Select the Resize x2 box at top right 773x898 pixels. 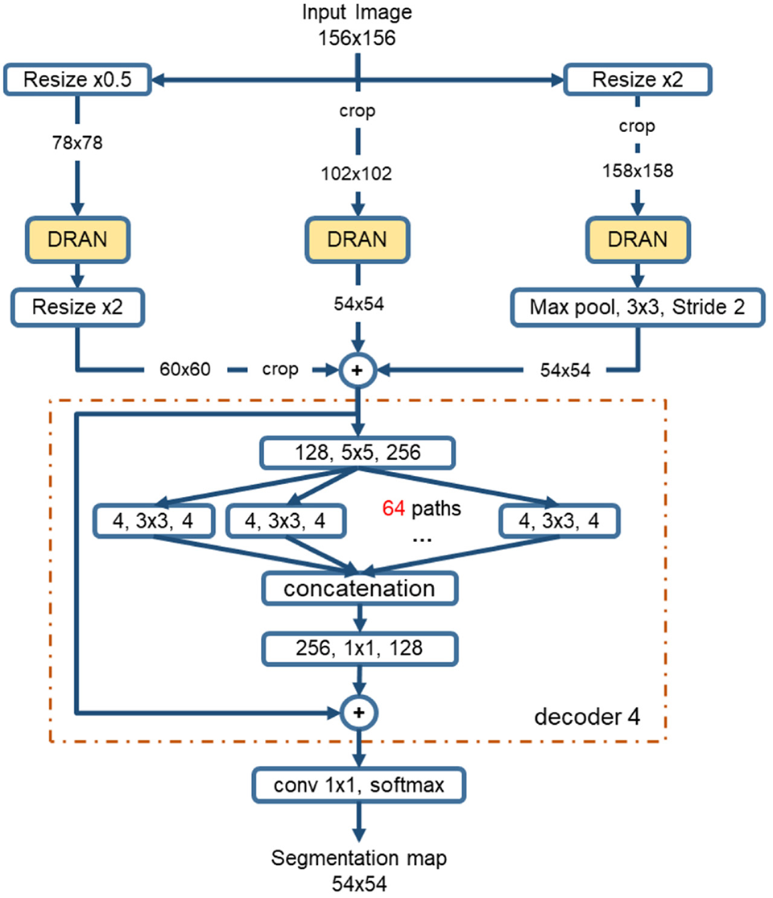click(638, 80)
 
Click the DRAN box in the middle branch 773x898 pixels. click(358, 239)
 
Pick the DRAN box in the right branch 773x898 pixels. click(638, 239)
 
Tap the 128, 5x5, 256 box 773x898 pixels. click(358, 453)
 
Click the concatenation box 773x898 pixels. click(359, 589)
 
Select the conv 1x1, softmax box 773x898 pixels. click(359, 784)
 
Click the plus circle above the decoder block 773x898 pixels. click(358, 370)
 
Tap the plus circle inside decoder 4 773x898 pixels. click(358, 712)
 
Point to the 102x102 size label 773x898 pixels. click(358, 174)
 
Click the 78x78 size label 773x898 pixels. click(76, 143)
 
